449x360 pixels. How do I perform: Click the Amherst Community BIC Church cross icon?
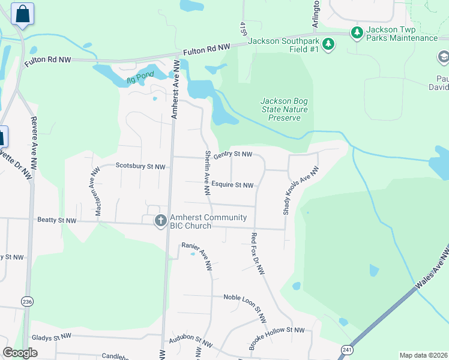point(160,221)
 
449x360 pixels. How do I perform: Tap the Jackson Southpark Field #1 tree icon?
point(328,43)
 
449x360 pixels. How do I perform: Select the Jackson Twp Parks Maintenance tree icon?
point(357,32)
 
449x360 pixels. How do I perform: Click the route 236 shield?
point(26,301)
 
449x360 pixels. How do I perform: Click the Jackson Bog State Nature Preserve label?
point(285,110)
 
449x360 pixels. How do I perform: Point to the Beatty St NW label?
point(56,221)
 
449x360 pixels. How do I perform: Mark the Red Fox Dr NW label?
point(258,254)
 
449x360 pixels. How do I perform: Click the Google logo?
point(20,353)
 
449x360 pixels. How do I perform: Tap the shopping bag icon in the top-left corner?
point(22,14)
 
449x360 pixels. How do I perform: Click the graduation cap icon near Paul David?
point(443,57)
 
